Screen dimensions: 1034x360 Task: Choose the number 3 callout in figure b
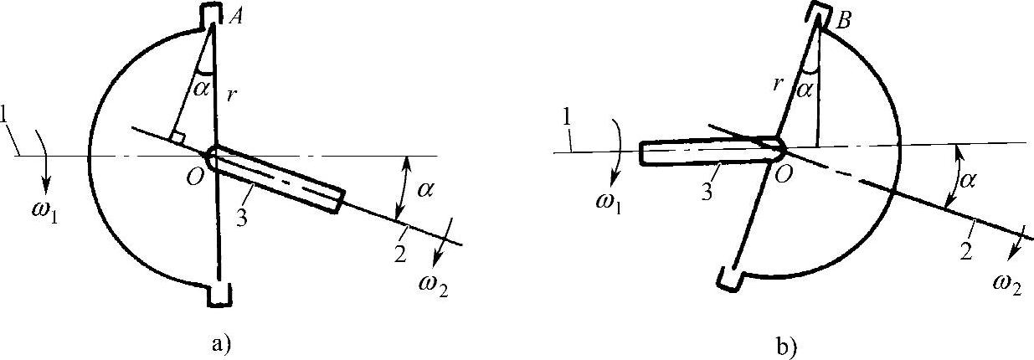click(708, 192)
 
